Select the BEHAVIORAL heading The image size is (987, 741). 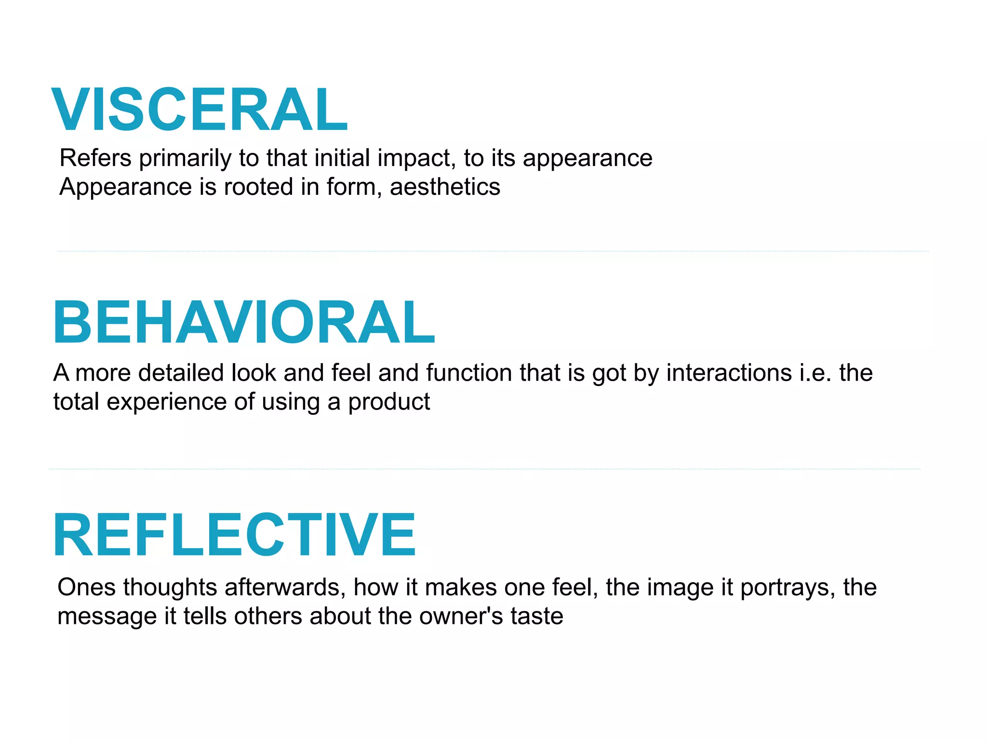[x=244, y=322]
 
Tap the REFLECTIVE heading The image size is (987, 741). [x=234, y=535]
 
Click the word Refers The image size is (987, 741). [x=95, y=158]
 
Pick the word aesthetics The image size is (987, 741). [x=445, y=187]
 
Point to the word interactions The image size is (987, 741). [x=729, y=373]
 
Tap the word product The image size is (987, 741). [x=389, y=402]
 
